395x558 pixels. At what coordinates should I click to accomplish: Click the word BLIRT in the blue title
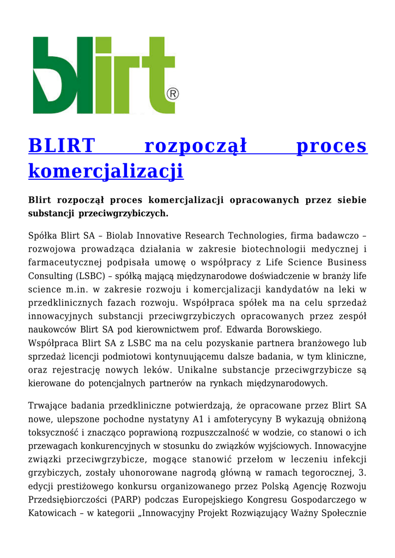coord(62,146)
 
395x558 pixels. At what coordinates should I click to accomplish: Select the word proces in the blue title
coord(331,146)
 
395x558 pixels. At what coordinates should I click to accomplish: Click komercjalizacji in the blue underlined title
coord(106,171)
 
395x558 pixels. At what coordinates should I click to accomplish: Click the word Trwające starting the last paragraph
coord(50,405)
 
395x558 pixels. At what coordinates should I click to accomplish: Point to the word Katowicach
coord(52,513)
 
